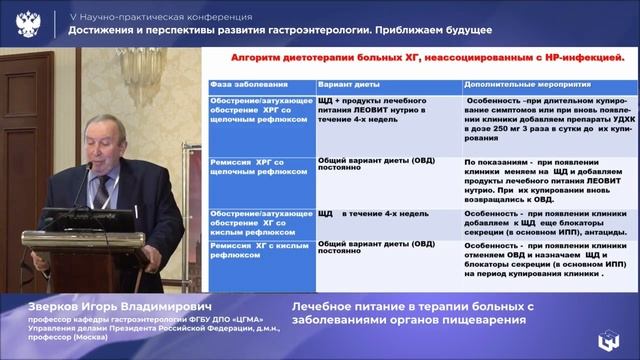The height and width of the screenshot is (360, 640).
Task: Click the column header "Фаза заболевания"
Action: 237,84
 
